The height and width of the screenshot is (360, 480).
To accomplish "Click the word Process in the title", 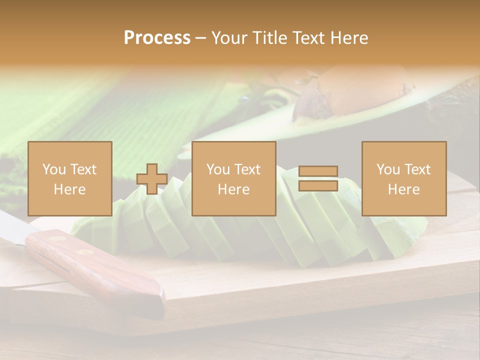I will (x=157, y=38).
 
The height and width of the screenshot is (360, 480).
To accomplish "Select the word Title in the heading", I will (x=271, y=38).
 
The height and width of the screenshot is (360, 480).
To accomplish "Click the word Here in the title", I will (x=349, y=38).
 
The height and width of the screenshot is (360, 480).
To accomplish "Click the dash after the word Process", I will (x=201, y=38).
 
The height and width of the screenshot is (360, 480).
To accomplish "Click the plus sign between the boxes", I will (x=152, y=178).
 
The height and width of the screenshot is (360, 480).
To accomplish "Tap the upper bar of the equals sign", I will (x=318, y=171).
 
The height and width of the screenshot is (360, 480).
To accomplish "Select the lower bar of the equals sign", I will (x=318, y=186).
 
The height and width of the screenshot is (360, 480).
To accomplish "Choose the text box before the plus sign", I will (x=70, y=178).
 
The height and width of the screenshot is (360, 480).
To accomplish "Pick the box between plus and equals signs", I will (x=234, y=178).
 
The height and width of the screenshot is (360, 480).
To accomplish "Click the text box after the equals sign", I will (x=404, y=178).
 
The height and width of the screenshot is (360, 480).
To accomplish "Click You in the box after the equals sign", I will (x=387, y=169).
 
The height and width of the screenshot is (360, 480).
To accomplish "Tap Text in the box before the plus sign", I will (x=83, y=169).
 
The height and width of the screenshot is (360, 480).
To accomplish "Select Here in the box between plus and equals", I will (x=234, y=189).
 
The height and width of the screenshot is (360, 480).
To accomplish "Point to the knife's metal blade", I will (x=15, y=227).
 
